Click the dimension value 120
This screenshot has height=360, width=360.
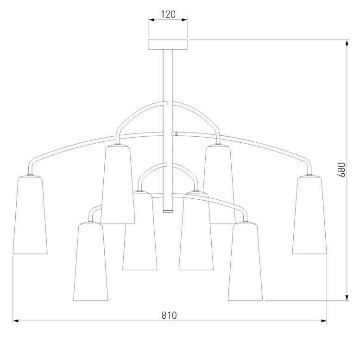168,14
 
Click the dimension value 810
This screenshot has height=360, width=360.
169,315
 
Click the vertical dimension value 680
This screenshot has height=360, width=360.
341,170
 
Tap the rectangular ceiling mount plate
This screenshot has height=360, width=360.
168,44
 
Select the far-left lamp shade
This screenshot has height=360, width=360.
30,215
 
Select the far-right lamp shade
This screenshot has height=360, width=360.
309,215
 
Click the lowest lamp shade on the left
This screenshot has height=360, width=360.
90,262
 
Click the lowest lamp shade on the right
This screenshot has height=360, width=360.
245,262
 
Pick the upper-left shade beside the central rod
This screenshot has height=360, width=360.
118,184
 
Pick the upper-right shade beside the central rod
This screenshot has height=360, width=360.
219,184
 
